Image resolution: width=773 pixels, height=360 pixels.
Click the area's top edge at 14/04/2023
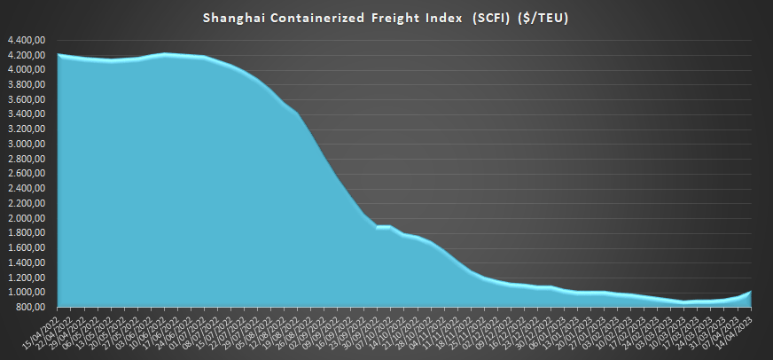point(752,291)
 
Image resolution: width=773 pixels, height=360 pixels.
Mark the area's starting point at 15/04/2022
point(59,55)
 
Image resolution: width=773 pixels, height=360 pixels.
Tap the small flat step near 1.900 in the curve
point(384,226)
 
